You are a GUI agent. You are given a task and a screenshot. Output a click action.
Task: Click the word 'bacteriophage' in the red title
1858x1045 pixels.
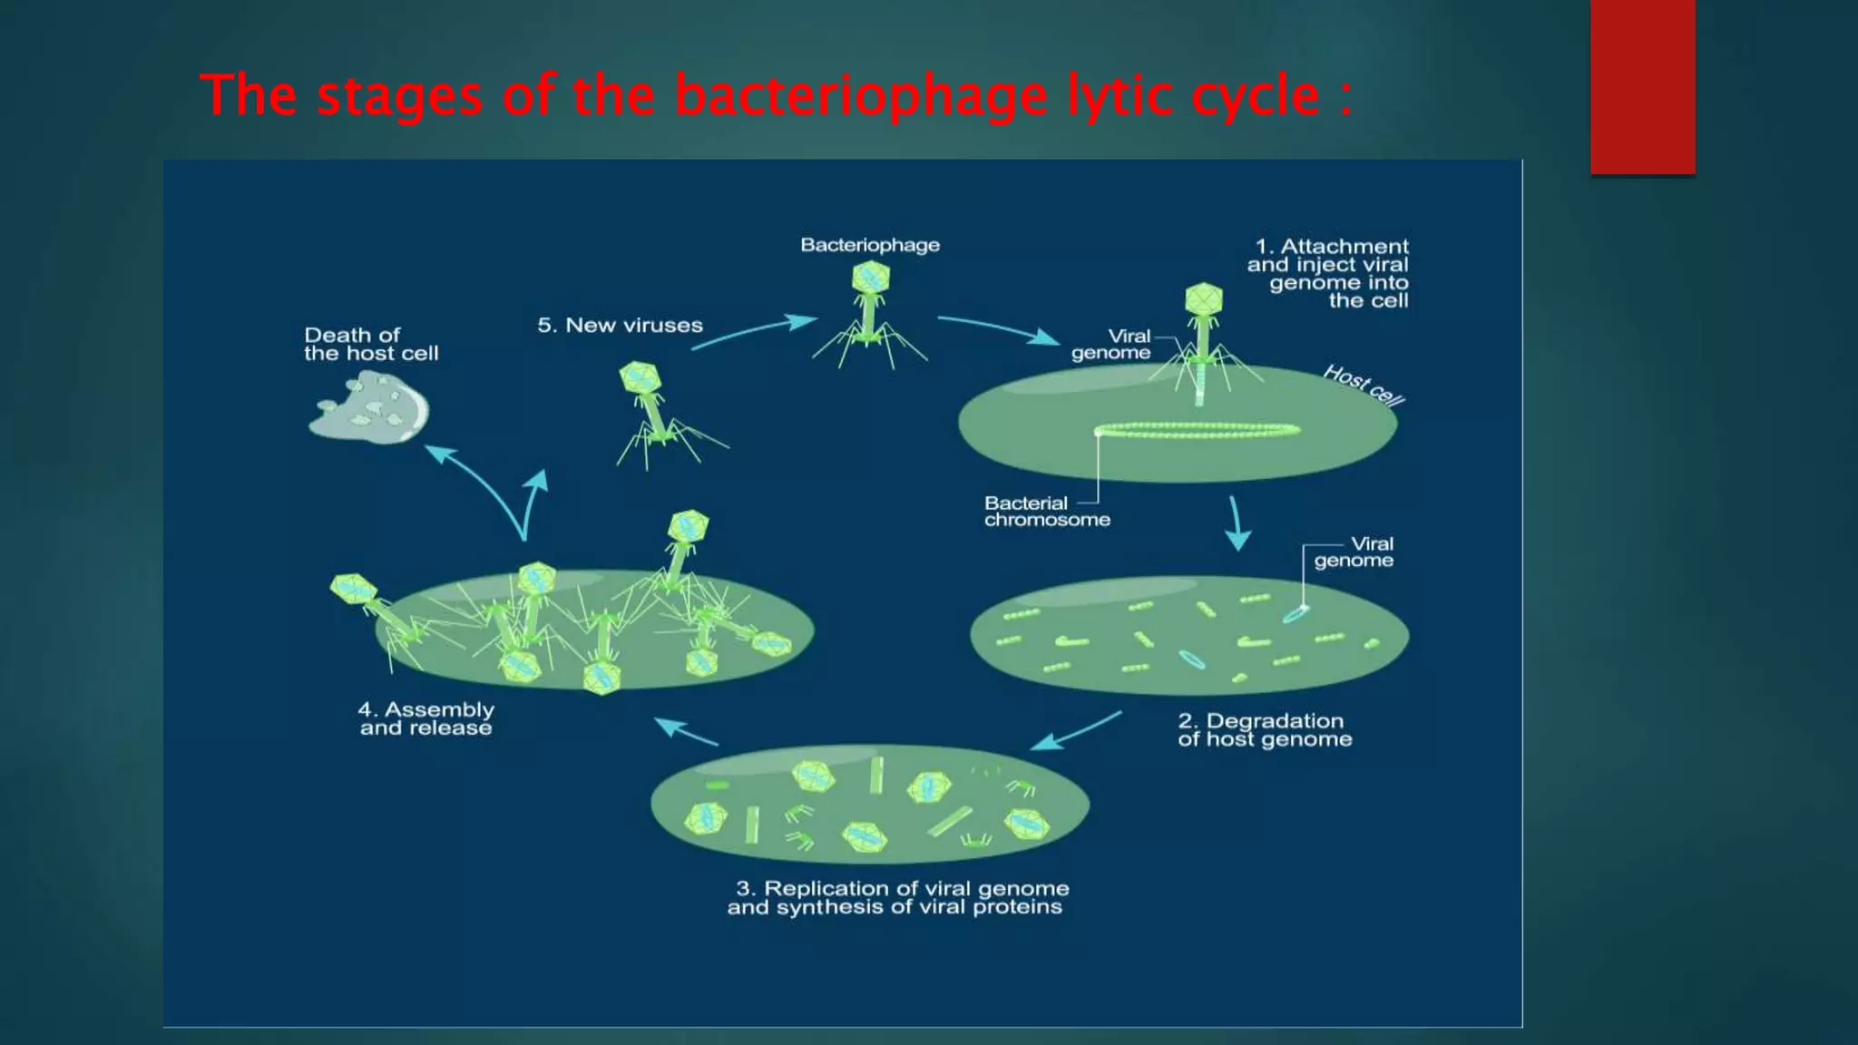(860, 95)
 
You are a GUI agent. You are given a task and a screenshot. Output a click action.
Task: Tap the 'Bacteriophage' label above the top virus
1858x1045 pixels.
(869, 245)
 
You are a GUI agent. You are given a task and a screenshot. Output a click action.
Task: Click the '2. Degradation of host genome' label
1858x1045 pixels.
(1264, 730)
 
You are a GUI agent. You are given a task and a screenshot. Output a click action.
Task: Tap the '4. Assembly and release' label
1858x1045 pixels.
(426, 718)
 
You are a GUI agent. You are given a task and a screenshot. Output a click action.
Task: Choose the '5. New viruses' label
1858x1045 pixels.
(620, 326)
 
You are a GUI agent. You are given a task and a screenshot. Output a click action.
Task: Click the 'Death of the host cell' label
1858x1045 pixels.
(370, 345)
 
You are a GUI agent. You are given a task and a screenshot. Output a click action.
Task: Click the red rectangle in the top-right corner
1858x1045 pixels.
(1642, 86)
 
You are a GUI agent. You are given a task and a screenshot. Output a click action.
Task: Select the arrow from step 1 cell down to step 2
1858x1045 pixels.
(1237, 524)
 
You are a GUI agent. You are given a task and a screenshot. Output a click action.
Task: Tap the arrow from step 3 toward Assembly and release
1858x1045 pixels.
(686, 731)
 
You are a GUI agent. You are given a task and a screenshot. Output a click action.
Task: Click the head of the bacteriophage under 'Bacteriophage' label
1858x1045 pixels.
(870, 278)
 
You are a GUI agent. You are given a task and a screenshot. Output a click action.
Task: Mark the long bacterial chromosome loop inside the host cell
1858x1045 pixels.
(1198, 431)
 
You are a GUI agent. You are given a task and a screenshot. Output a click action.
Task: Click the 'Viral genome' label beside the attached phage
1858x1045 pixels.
(1112, 345)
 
